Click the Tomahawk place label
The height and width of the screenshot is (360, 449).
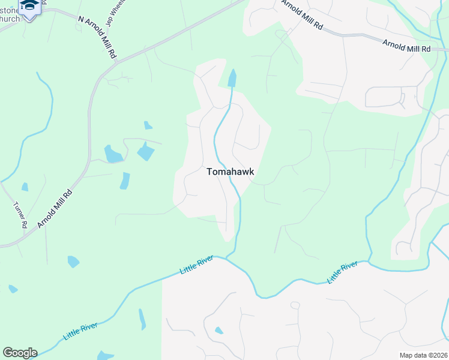pos(230,172)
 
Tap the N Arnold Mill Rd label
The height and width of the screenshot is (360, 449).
pos(97,35)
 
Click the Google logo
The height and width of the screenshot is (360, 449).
pos(20,353)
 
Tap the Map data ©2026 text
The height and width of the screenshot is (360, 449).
pos(423,355)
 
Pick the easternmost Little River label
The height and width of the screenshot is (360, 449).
pos(342,272)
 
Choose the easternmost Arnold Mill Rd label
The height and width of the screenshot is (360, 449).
pos(407,45)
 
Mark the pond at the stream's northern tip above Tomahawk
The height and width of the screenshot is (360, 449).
pos(232,78)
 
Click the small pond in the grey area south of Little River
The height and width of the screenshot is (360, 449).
pos(219,331)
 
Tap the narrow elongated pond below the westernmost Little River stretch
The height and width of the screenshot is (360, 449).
pos(142,319)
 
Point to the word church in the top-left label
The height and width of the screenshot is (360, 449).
pos(10,18)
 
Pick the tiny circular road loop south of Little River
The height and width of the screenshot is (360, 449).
pos(295,305)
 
